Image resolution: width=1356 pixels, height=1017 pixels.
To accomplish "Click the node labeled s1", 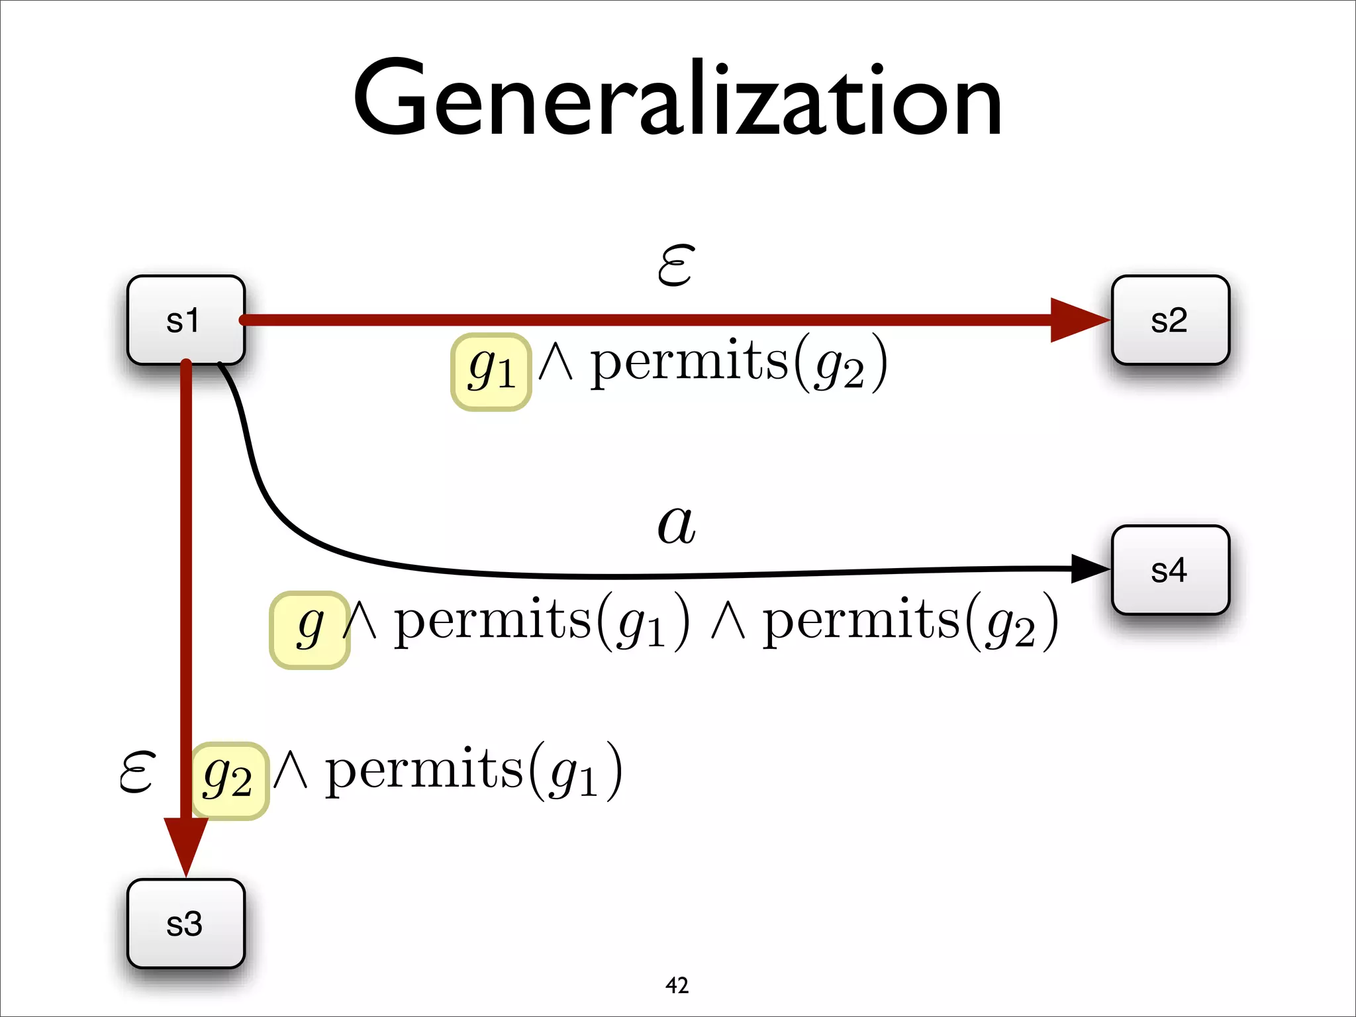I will pos(185,320).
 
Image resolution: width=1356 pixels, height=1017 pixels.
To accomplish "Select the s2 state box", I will pos(1170,320).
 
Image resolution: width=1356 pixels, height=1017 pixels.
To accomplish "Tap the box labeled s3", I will pos(185,924).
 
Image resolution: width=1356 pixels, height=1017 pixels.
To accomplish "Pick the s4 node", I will pos(1170,570).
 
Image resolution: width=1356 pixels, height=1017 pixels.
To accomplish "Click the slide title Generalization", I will pos(677,99).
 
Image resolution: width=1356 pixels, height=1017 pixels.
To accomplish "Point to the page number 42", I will pos(677,985).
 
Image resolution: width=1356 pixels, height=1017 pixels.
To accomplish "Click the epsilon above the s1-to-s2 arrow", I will pos(676,265).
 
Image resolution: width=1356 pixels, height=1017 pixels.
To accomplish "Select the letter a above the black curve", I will pos(676,524).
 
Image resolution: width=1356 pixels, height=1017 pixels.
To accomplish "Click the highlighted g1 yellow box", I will pos(491,371).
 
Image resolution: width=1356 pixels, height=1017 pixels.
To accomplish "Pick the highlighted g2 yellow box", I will pos(230,781).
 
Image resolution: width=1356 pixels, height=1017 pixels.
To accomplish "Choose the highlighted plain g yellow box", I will pos(310,630).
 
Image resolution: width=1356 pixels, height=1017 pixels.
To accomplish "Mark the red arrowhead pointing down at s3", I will pos(186,844).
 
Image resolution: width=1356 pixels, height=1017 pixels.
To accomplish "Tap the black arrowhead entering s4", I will pos(1089,568).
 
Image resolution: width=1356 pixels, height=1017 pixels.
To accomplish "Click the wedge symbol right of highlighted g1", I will pos(555,364).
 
